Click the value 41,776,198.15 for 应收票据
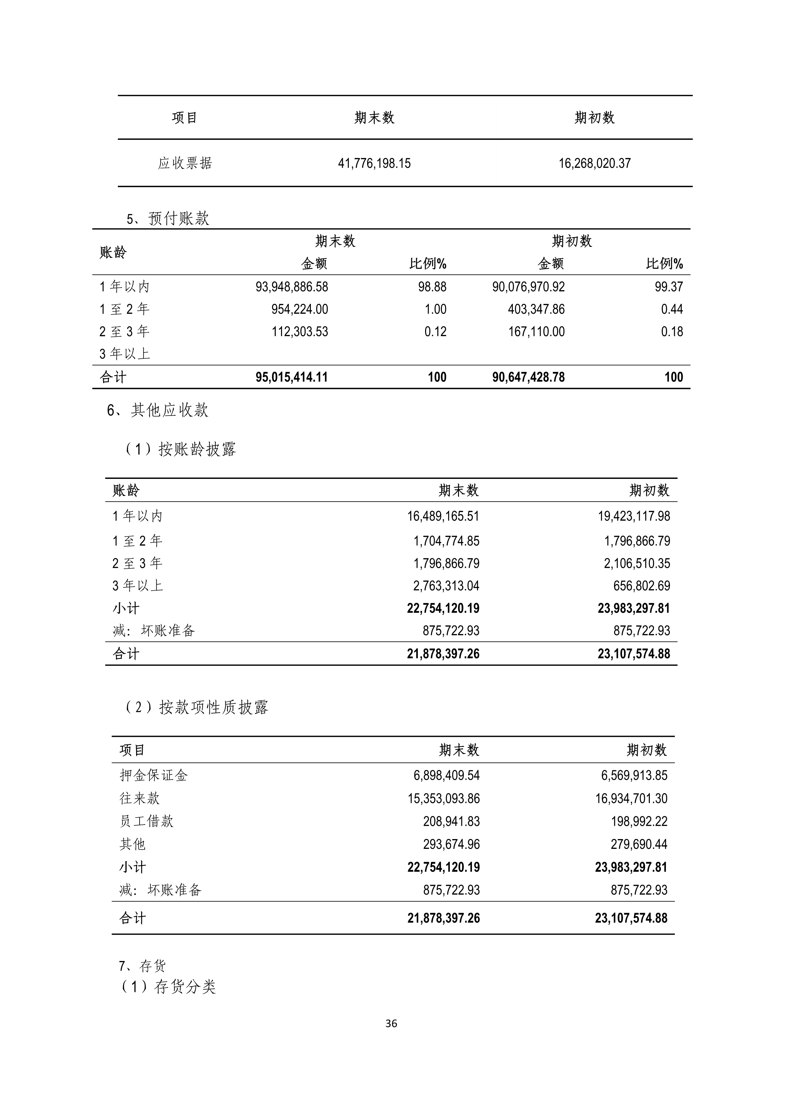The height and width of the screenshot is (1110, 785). click(x=374, y=163)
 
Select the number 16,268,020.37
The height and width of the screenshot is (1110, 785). click(x=594, y=163)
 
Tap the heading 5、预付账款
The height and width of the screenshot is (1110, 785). click(x=168, y=219)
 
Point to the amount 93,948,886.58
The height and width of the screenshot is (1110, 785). click(x=292, y=287)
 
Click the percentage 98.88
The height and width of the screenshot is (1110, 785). click(x=432, y=287)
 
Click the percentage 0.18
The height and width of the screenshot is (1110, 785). click(x=672, y=332)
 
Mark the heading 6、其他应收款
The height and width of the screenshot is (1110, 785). click(x=158, y=411)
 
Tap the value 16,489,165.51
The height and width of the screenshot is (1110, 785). click(x=443, y=516)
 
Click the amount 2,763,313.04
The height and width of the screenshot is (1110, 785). click(x=446, y=586)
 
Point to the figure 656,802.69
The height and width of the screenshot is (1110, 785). click(x=641, y=586)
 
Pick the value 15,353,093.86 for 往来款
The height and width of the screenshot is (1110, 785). click(x=443, y=799)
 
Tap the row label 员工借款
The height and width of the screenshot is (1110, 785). click(x=147, y=821)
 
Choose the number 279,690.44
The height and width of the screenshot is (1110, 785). click(x=638, y=844)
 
